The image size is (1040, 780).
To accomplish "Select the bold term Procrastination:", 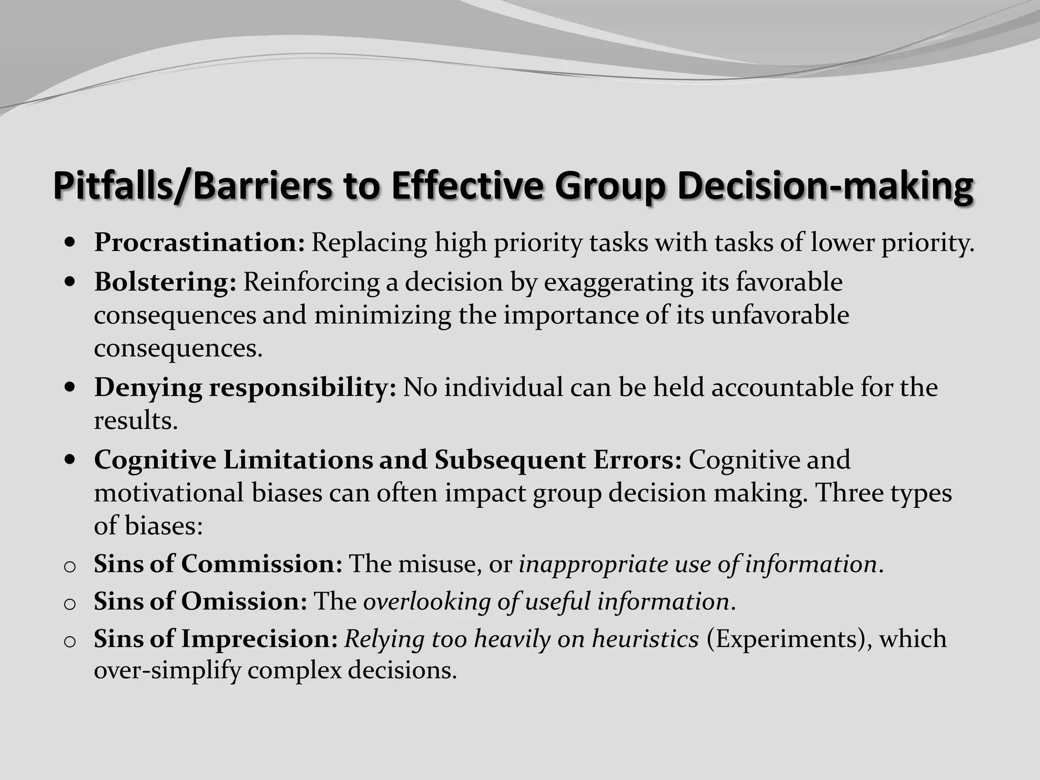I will [x=200, y=242].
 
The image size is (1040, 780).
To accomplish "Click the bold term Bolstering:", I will [x=165, y=282].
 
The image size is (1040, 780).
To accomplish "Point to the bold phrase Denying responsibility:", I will [x=245, y=387].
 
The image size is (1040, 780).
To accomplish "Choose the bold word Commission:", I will [x=262, y=564].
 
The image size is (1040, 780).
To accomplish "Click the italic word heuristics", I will [x=645, y=639].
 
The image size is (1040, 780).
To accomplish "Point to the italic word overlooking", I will [x=427, y=602].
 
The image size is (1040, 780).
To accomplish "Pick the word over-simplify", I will [x=167, y=671].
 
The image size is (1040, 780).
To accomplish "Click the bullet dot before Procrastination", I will [x=71, y=243].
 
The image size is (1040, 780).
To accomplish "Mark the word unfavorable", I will [x=779, y=315].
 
